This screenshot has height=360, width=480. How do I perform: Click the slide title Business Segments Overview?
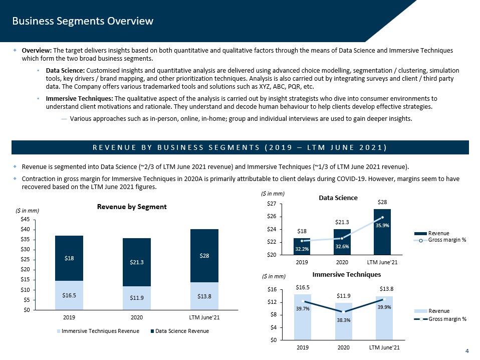click(x=83, y=21)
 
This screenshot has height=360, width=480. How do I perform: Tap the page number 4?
click(x=467, y=351)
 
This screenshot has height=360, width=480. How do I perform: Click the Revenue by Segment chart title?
click(x=132, y=207)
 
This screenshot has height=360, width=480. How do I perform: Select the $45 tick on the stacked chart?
click(x=24, y=220)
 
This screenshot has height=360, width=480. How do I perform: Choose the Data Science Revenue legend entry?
click(x=178, y=331)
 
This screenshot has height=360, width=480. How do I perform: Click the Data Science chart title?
click(x=338, y=198)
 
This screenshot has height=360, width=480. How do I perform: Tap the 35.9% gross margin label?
click(x=382, y=226)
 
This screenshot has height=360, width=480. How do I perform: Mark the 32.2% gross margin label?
click(x=301, y=249)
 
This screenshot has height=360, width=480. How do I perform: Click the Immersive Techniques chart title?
click(x=347, y=274)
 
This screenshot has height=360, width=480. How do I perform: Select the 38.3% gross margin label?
click(x=343, y=320)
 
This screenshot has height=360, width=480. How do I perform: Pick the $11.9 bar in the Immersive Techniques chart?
click(x=344, y=321)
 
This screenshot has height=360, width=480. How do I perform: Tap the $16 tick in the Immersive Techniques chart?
click(x=272, y=289)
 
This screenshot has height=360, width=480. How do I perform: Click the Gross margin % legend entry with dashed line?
click(x=447, y=319)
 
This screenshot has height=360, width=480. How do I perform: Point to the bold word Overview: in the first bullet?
click(x=37, y=51)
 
